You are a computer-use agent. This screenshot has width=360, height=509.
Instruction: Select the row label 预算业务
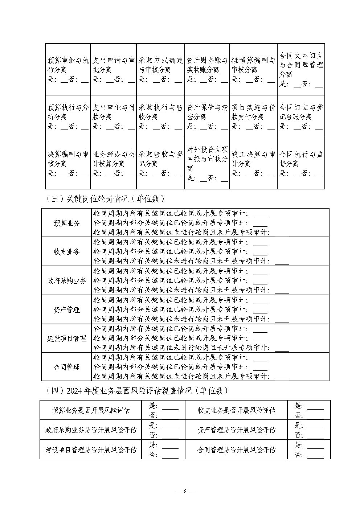tap(66, 223)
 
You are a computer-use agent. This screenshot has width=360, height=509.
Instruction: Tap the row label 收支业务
tap(66, 252)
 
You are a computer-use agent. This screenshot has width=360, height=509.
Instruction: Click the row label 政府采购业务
tap(66, 281)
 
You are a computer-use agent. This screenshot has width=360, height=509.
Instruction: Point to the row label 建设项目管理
tap(66, 338)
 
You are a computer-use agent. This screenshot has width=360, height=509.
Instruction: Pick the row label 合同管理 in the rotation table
tap(66, 367)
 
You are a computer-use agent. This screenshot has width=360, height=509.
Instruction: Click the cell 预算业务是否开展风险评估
tap(91, 410)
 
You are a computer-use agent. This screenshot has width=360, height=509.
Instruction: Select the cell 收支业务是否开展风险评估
tap(236, 410)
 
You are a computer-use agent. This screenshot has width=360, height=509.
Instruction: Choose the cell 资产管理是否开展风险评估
tap(236, 430)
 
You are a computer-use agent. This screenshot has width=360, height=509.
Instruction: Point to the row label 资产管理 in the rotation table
tap(66, 310)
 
